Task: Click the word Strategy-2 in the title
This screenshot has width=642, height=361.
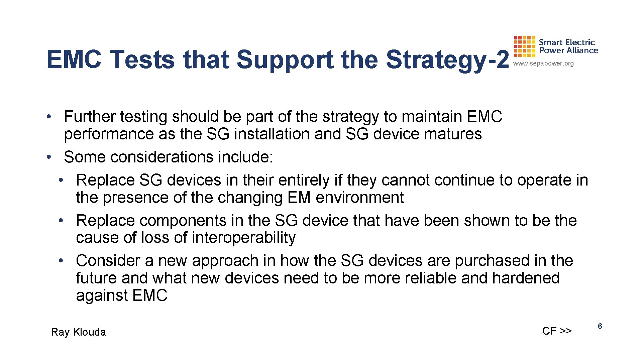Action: (447, 60)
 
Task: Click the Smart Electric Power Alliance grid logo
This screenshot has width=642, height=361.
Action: (524, 47)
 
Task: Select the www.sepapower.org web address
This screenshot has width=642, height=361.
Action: (543, 64)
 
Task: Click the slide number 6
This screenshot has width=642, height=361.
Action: (600, 326)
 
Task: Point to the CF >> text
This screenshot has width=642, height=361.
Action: (557, 331)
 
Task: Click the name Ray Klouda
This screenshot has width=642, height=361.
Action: (78, 332)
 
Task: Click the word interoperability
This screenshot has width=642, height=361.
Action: (243, 238)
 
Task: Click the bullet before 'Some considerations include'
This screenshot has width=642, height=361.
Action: (49, 157)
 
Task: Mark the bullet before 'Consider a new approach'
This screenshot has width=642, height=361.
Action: (61, 261)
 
